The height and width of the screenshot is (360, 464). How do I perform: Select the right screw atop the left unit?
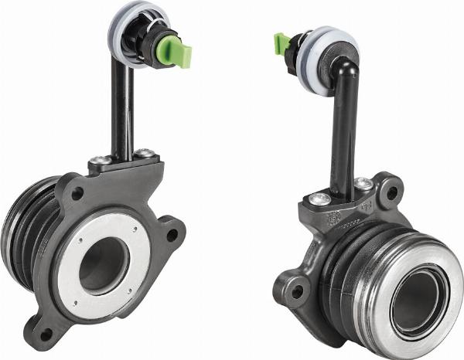(144, 155)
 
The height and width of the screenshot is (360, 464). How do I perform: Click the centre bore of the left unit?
(103, 265)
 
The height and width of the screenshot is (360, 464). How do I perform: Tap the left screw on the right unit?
(319, 199)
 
